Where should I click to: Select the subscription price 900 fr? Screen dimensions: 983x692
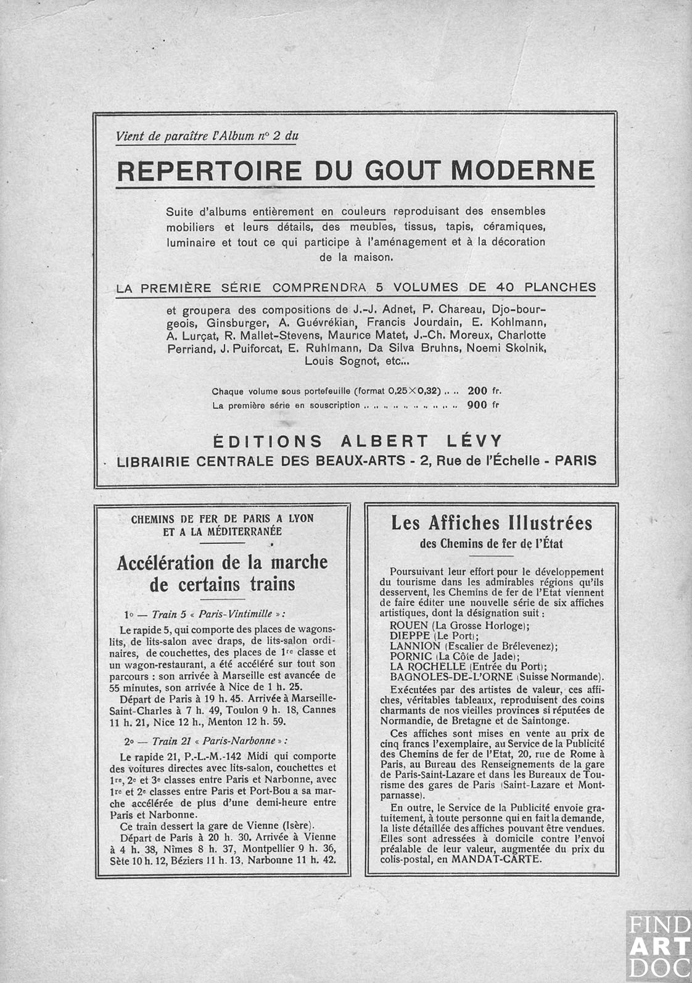(484, 405)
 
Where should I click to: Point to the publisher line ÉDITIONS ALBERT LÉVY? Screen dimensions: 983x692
(358, 441)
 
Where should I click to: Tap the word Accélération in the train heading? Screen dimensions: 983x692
(165, 562)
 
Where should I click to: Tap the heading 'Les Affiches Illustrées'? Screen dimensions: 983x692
(492, 523)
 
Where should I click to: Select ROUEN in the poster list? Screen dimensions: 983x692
(410, 625)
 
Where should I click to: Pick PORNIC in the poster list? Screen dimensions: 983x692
(411, 656)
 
